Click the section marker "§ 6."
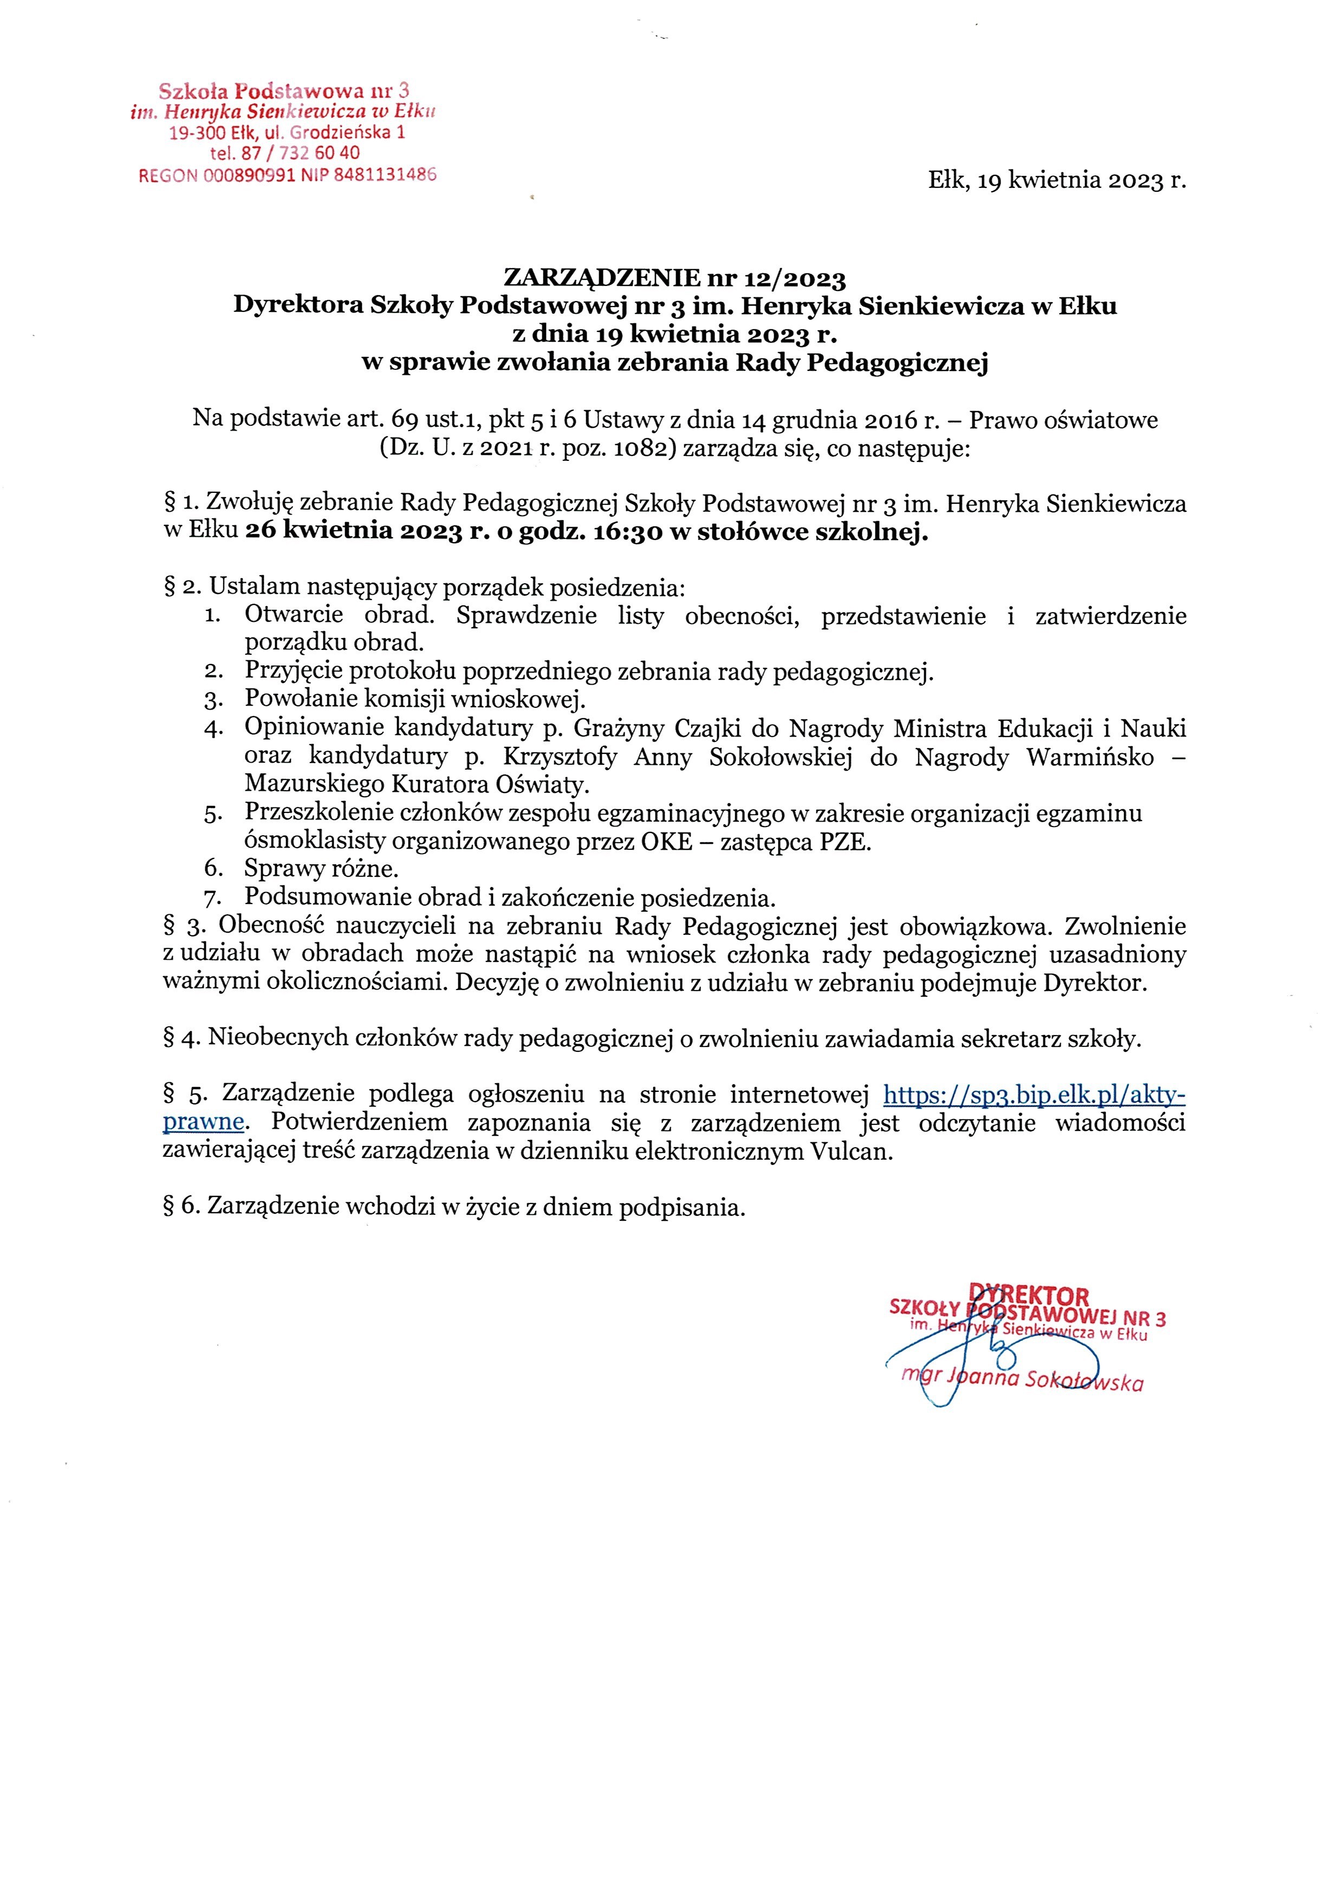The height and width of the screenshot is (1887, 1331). [x=181, y=1207]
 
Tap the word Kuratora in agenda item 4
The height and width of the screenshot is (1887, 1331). [x=445, y=784]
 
